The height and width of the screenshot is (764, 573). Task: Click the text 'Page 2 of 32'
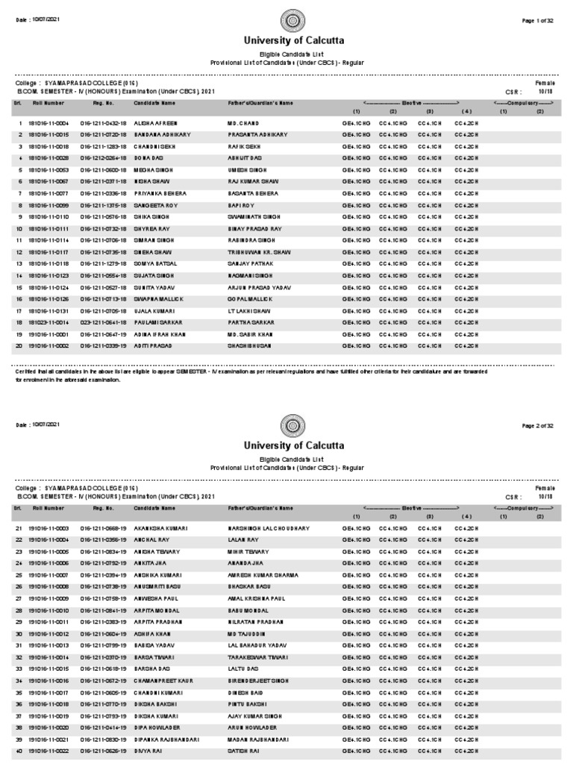click(x=537, y=425)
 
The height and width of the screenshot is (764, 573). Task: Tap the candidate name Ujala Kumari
click(x=153, y=311)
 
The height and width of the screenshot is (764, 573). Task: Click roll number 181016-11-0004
click(x=48, y=122)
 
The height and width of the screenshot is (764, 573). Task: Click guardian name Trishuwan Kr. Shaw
click(x=257, y=252)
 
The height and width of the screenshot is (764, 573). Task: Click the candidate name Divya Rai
click(x=148, y=751)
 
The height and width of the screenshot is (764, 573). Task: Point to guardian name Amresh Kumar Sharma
click(x=263, y=575)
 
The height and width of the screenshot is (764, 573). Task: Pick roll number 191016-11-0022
click(x=48, y=751)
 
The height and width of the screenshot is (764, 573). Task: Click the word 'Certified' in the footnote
click(x=28, y=371)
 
